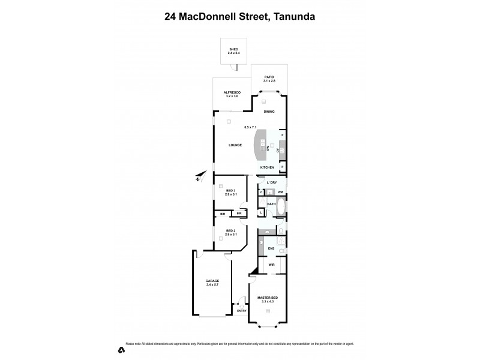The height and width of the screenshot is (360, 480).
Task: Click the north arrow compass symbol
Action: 200,177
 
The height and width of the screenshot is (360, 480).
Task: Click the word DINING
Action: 269,112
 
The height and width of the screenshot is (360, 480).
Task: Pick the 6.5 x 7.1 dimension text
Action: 250,127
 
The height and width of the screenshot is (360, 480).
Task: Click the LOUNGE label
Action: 235,145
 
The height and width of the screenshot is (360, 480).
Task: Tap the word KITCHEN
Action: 267,167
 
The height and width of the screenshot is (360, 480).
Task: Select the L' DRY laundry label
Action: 271,182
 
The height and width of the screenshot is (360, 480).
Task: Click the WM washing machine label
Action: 280,192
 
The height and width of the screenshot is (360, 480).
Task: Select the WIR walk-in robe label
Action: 271,265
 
